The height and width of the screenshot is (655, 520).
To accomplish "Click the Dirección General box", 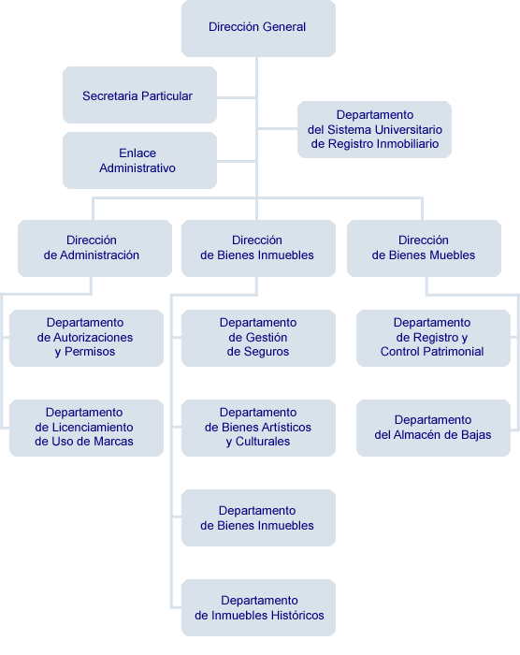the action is pyautogui.click(x=258, y=28).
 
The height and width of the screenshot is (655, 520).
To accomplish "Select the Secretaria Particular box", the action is pyautogui.click(x=139, y=95).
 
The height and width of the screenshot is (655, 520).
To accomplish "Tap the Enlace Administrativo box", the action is pyautogui.click(x=139, y=160).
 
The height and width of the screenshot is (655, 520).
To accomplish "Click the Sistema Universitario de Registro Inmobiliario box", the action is pyautogui.click(x=374, y=129).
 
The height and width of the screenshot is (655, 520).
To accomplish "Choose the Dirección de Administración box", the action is pyautogui.click(x=94, y=248).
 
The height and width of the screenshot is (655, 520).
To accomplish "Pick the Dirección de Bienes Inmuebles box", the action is pyautogui.click(x=258, y=248).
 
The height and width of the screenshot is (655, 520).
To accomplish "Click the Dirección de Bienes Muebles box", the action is pyautogui.click(x=424, y=248).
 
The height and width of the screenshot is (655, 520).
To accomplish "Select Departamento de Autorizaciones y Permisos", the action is pyautogui.click(x=86, y=338).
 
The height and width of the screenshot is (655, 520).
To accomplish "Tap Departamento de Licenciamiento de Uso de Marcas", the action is pyautogui.click(x=86, y=428).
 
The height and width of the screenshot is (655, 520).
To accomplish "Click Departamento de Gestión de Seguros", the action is pyautogui.click(x=258, y=338).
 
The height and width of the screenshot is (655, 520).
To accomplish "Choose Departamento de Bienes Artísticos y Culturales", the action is pyautogui.click(x=258, y=428).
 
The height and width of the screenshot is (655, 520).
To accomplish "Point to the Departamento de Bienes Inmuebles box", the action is pyautogui.click(x=258, y=517).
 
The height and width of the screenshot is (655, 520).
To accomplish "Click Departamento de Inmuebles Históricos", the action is pyautogui.click(x=258, y=607).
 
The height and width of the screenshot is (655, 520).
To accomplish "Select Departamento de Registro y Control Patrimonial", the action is pyautogui.click(x=433, y=338).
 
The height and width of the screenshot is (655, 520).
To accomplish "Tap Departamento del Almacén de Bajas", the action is pyautogui.click(x=433, y=428).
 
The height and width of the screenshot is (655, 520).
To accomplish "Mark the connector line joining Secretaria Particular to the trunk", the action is pyautogui.click(x=236, y=97).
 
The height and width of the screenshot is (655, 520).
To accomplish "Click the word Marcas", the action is pyautogui.click(x=114, y=441).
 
